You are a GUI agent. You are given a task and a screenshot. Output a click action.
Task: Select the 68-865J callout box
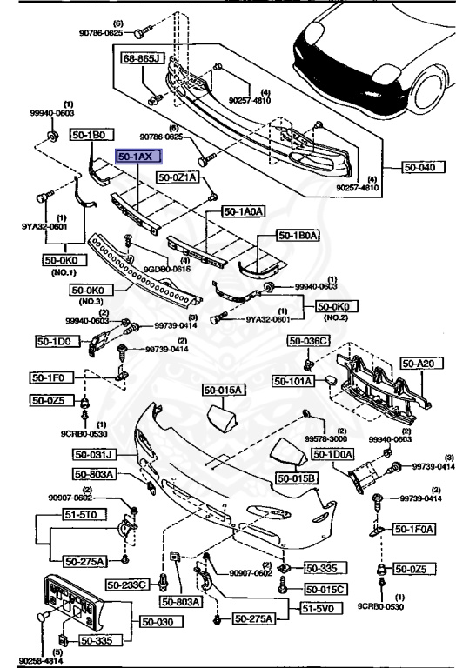click(144, 58)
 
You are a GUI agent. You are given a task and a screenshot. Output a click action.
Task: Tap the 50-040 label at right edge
click(422, 166)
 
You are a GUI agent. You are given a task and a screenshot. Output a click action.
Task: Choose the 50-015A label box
click(223, 390)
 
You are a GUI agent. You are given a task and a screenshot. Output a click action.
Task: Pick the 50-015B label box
click(297, 478)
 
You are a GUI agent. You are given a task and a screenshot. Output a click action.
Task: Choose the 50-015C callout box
click(326, 590)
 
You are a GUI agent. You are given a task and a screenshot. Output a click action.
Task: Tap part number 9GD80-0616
click(162, 269)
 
